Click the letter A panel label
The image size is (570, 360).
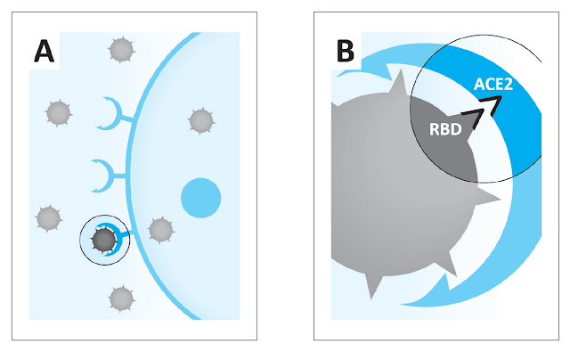pyautogui.click(x=43, y=51)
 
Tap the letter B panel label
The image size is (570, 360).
pyautogui.click(x=343, y=51)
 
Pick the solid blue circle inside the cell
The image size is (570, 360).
pyautogui.click(x=200, y=197)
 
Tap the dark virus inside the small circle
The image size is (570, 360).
pyautogui.click(x=104, y=239)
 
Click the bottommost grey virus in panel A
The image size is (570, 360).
pyautogui.click(x=119, y=299)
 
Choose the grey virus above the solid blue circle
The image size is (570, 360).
pyautogui.click(x=199, y=119)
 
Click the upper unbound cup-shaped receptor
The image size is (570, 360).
pyautogui.click(x=109, y=112)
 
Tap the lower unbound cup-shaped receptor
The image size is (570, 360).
pyautogui.click(x=109, y=172)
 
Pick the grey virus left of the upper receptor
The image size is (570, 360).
pyautogui.click(x=58, y=113)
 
